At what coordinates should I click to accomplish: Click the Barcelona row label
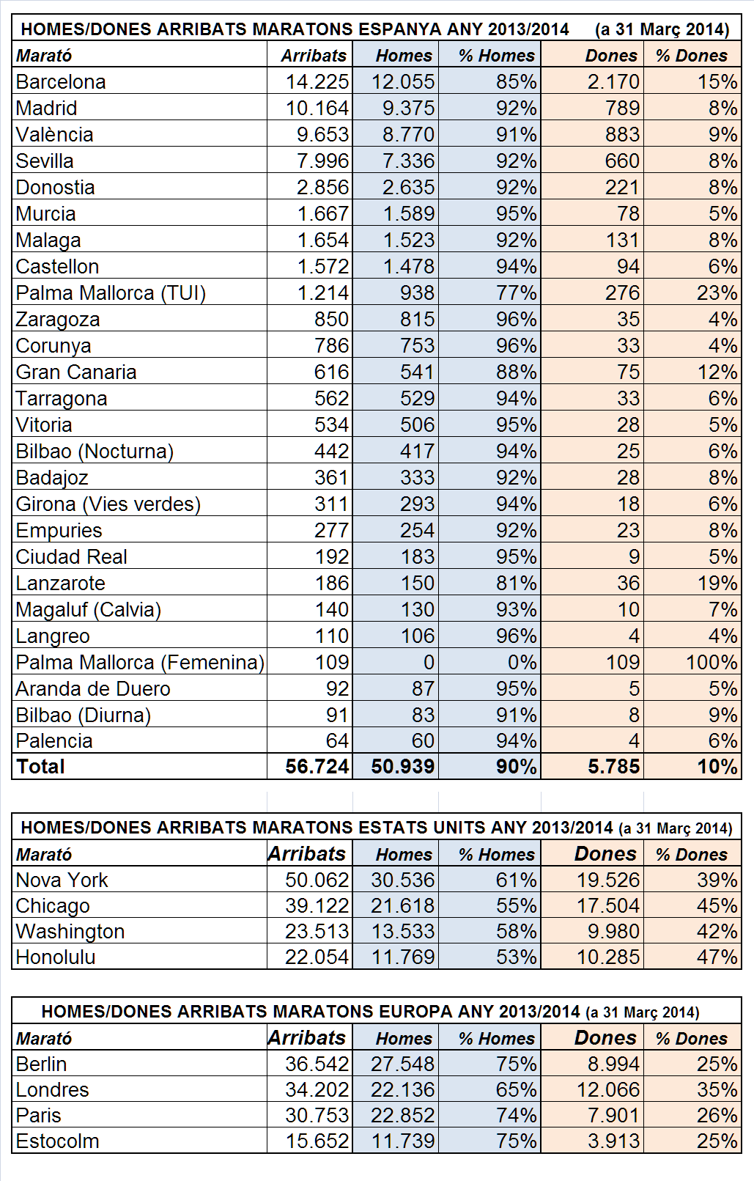61,81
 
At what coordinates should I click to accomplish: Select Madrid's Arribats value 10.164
317,108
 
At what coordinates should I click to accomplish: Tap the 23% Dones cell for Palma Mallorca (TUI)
717,293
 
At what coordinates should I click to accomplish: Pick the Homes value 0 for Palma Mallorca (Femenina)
429,662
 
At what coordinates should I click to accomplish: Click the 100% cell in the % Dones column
711,662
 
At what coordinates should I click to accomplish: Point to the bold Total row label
40,767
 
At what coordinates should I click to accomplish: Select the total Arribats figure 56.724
317,767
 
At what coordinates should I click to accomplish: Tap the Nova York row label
62,880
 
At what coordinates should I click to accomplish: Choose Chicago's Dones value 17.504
609,906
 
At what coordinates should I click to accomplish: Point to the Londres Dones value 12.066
609,1090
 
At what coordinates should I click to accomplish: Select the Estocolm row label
57,1141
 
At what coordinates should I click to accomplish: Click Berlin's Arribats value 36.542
317,1064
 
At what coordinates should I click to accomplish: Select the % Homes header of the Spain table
497,56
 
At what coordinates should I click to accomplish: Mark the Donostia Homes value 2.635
408,187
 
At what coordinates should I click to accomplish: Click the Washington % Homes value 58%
517,932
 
